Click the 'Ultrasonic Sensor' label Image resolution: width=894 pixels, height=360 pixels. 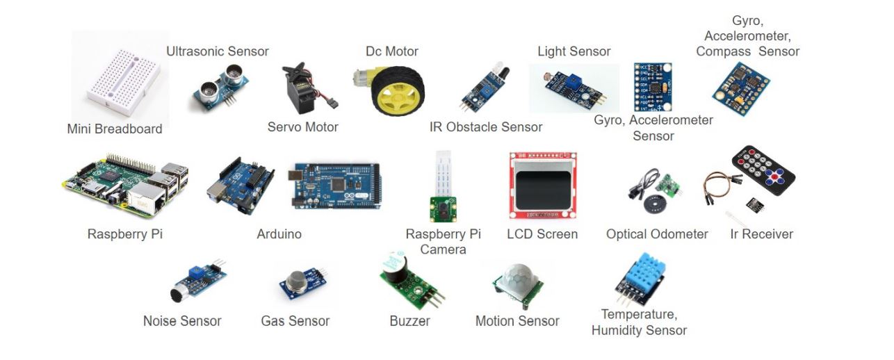(x=218, y=51)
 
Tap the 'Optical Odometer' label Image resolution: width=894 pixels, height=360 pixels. (x=657, y=234)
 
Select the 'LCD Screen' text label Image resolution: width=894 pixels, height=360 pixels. (x=542, y=234)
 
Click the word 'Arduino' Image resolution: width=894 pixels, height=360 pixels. (x=279, y=234)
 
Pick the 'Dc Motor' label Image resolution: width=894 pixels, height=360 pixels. (x=392, y=51)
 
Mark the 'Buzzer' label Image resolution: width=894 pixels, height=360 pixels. (x=409, y=321)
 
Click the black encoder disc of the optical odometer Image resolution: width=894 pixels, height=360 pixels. (x=653, y=206)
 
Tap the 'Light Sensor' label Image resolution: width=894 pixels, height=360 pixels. (x=574, y=51)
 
